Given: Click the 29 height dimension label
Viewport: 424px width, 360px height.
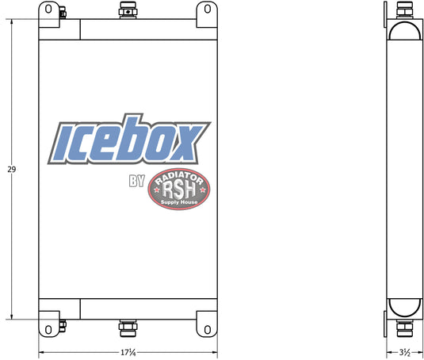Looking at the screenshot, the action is pos(12,170).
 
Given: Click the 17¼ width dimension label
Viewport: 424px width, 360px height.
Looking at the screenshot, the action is pos(128,352).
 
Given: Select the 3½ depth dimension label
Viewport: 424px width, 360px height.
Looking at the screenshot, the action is pos(405,352).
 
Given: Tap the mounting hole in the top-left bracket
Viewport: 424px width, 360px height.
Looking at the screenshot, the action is pos(48,9).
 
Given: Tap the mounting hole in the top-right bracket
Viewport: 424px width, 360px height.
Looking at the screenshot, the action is pos(208,9).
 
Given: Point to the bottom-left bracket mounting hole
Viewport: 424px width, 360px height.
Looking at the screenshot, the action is pos(48,330).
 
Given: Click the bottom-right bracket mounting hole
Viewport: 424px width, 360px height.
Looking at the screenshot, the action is pos(208,330).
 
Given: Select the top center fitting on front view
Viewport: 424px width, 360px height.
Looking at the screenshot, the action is pos(128,10).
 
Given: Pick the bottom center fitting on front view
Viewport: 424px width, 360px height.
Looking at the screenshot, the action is pos(128,328).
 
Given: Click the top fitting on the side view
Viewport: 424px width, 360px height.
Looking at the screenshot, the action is pos(404,10).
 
